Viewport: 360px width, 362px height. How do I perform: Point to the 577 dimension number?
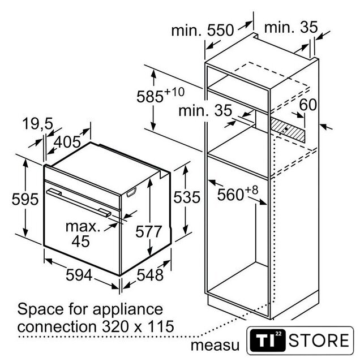(149, 231)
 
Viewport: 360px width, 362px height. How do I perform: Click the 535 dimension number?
(186, 198)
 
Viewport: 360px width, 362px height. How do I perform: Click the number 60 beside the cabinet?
(307, 105)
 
